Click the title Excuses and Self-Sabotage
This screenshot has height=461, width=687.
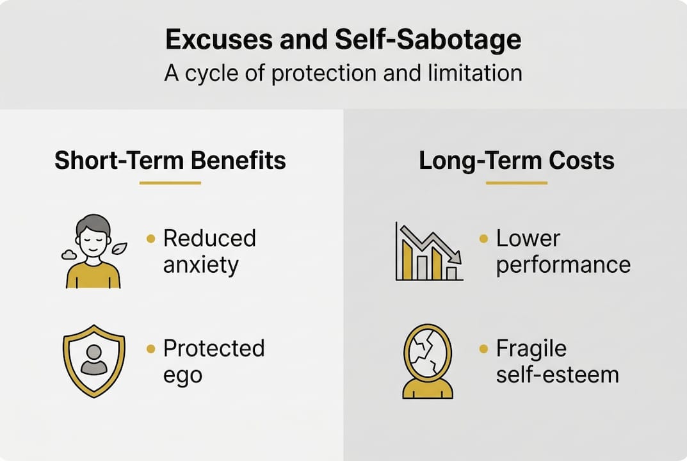(343, 40)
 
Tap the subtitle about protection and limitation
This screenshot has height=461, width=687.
(343, 72)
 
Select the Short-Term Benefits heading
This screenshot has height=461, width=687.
(170, 161)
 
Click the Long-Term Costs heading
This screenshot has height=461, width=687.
(516, 161)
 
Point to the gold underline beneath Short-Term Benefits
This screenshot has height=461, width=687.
(170, 183)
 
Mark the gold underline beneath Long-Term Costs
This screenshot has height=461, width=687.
(516, 183)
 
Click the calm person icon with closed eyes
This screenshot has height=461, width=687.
(93, 251)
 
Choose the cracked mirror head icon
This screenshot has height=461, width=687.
(428, 360)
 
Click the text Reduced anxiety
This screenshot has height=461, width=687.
(209, 251)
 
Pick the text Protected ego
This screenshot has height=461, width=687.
(213, 361)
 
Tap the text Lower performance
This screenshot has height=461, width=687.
(563, 251)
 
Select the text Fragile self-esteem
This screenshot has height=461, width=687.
(557, 361)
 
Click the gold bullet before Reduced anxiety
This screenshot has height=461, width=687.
(151, 239)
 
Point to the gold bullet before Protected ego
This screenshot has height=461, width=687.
(151, 349)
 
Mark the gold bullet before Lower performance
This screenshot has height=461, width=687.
(484, 239)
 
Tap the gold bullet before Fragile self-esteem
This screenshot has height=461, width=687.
(484, 349)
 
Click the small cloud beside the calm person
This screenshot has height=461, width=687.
(69, 255)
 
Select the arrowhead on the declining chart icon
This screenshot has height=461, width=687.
(456, 257)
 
